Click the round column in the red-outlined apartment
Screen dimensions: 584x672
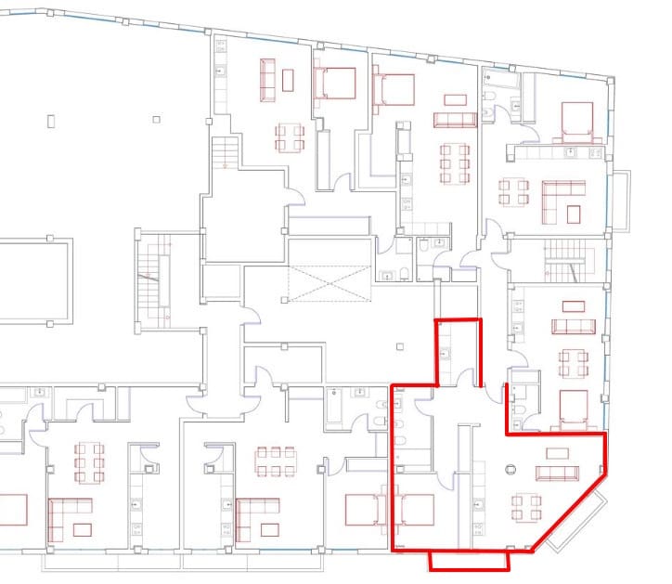click(x=510, y=470)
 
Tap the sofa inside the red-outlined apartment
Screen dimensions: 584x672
click(x=558, y=474)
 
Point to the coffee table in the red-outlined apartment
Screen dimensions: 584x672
click(x=558, y=453)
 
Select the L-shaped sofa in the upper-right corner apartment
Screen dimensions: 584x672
click(x=562, y=201)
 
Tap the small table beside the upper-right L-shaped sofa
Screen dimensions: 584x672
click(x=573, y=214)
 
